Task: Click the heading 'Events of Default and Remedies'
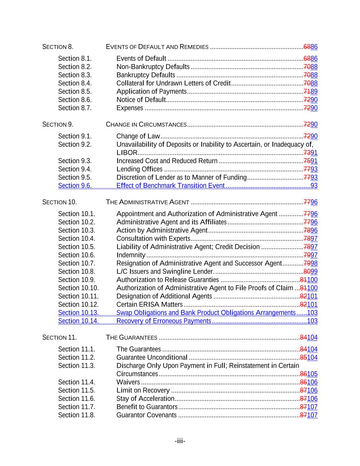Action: coord(157,47)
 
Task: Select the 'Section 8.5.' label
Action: coord(75,91)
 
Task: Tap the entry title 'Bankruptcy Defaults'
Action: coord(146,75)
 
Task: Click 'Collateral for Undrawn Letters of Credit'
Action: coord(173,83)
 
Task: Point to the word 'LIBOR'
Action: coord(127,153)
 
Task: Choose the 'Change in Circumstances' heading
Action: coord(146,125)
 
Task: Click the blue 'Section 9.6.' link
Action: coord(75,186)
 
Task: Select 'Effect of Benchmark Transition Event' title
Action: coord(170,186)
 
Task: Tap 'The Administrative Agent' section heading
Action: coord(147,202)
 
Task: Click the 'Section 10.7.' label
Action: coord(76,263)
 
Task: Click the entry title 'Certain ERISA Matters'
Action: coord(149,305)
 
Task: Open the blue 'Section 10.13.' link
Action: coord(78,313)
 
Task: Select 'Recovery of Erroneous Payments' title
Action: coord(163,321)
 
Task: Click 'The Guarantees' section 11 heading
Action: coord(131,338)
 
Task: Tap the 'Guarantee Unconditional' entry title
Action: coord(152,357)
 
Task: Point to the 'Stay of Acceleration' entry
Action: coord(145,399)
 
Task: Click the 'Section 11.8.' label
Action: coord(76,415)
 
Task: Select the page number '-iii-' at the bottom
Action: coord(180,441)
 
